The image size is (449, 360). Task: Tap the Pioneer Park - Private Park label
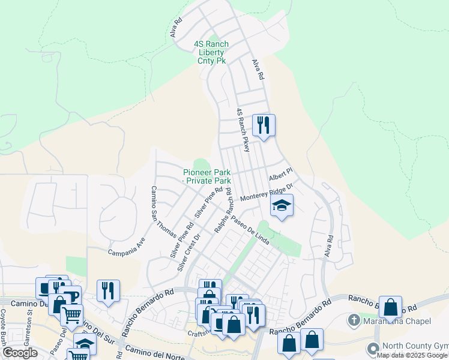(207, 176)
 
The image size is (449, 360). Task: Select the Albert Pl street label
(280, 175)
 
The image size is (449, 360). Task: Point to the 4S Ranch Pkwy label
(243, 130)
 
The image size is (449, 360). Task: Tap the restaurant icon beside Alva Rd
(264, 125)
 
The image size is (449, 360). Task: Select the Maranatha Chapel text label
(397, 322)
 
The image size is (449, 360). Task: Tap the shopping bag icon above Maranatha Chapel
(390, 307)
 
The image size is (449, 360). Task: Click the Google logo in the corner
(20, 353)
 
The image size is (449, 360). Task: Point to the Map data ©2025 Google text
(412, 356)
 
